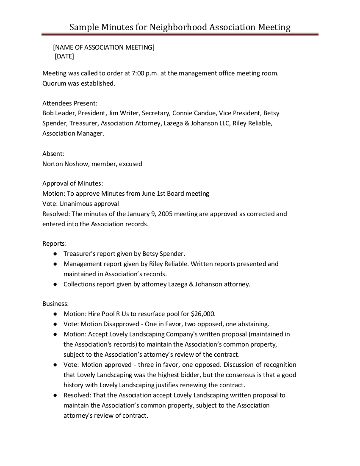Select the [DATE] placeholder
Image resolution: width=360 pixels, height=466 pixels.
pyautogui.click(x=64, y=56)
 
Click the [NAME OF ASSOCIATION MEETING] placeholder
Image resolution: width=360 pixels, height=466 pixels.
pyautogui.click(x=104, y=47)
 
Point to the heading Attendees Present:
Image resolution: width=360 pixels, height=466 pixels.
pyautogui.click(x=70, y=103)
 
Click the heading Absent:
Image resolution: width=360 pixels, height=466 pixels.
pyautogui.click(x=53, y=153)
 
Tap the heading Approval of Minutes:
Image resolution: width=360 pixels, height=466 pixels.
pyautogui.click(x=73, y=183)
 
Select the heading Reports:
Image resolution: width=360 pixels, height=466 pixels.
pyautogui.click(x=55, y=244)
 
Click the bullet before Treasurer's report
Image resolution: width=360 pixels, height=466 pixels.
pyautogui.click(x=55, y=254)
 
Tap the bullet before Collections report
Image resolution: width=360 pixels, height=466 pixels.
pyautogui.click(x=55, y=284)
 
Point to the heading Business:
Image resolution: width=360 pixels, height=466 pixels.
pyautogui.click(x=55, y=304)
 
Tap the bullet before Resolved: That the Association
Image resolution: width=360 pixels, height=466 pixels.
pyautogui.click(x=55, y=395)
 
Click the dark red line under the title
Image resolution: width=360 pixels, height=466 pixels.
pyautogui.click(x=180, y=34)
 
